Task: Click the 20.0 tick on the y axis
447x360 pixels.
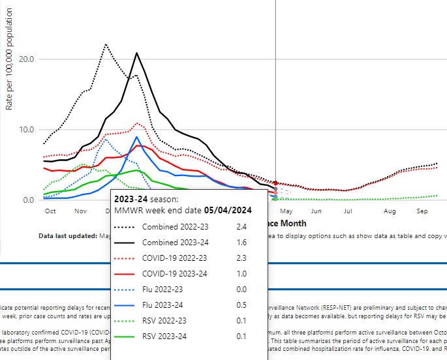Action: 25,59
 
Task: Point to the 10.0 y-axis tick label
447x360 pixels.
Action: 25,129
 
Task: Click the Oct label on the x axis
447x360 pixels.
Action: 50,211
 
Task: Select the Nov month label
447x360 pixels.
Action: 80,211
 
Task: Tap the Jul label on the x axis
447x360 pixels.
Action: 348,211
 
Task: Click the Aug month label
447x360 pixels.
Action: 390,211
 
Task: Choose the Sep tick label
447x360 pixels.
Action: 421,211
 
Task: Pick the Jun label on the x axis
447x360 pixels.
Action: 316,211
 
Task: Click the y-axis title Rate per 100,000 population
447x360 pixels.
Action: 9,73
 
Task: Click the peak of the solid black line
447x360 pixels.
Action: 136,53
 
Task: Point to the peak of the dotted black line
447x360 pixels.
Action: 105,44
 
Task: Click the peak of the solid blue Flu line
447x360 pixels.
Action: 136,137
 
